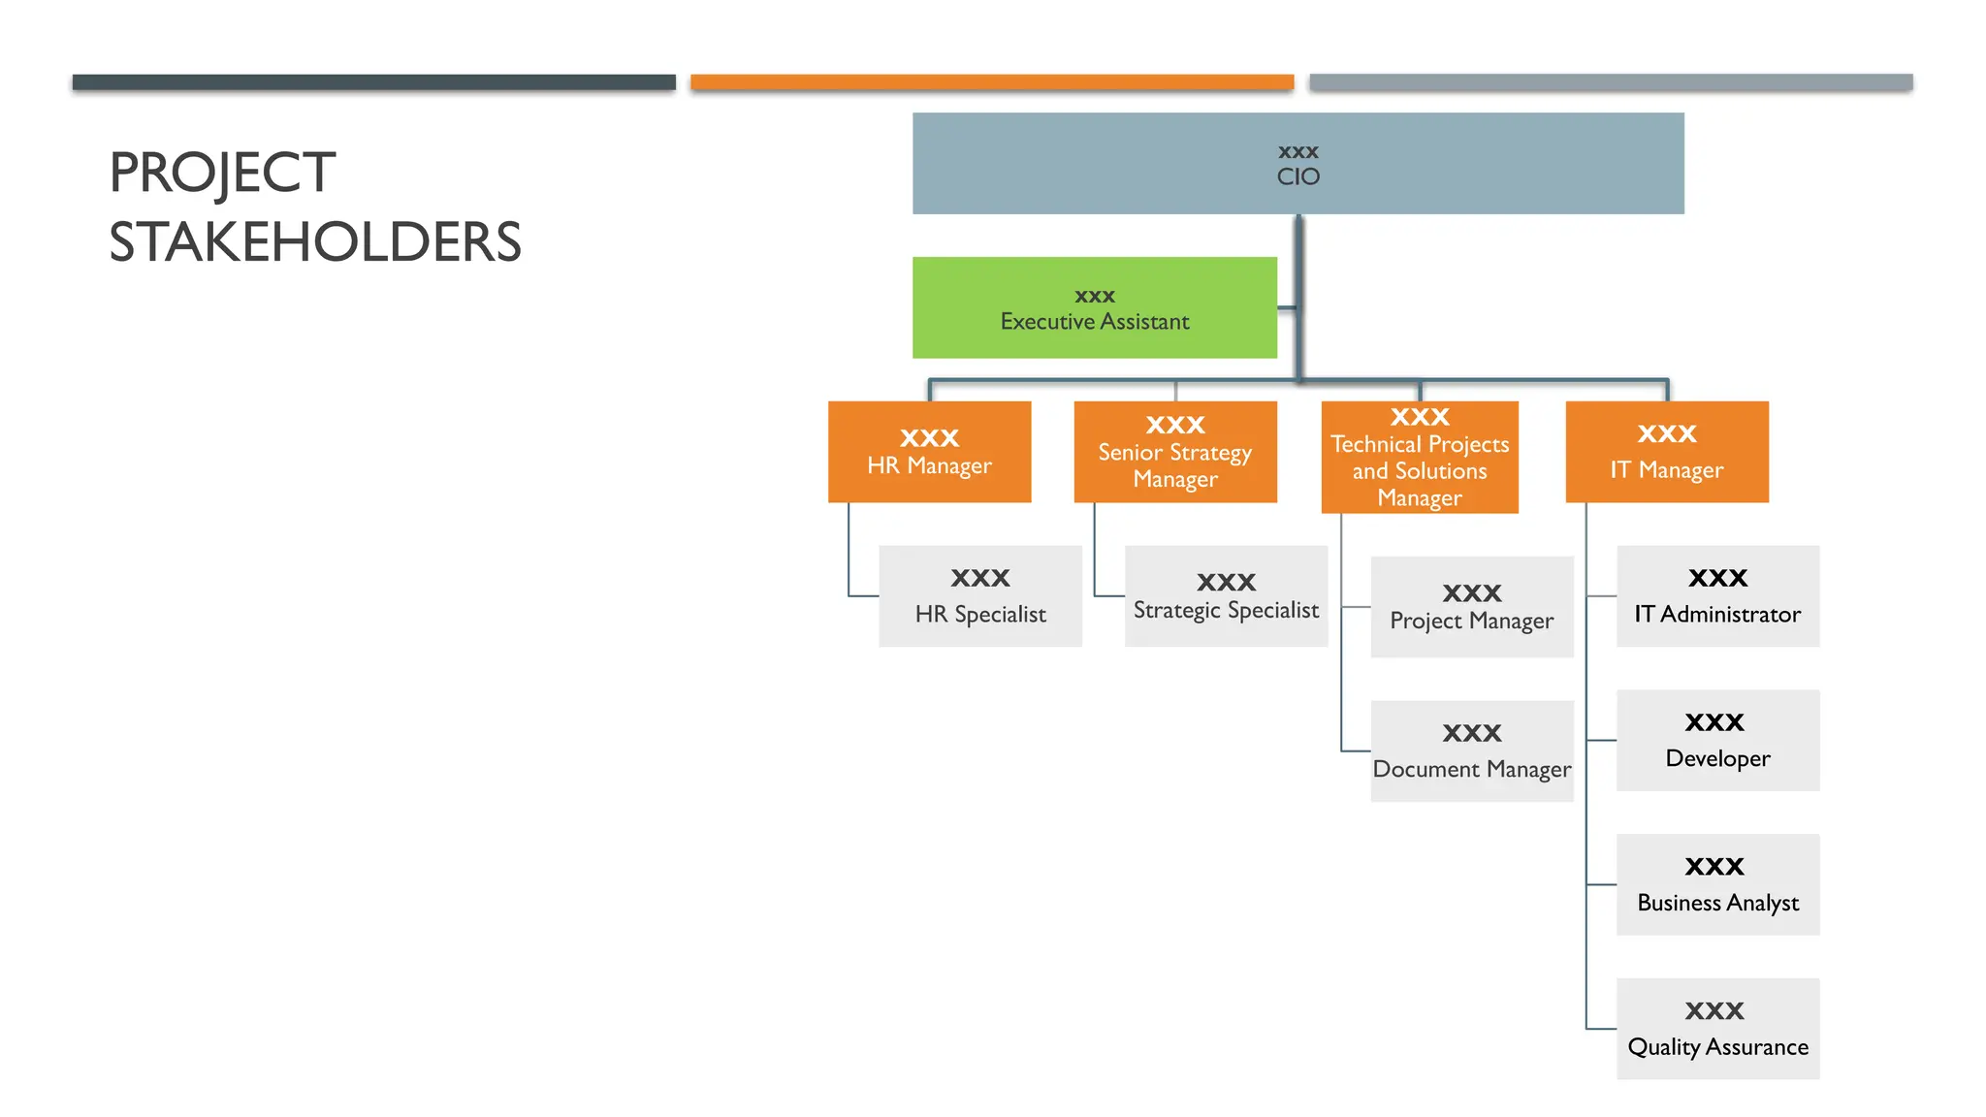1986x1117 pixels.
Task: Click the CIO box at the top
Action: point(1297,163)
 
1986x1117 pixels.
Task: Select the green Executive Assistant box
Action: point(1094,307)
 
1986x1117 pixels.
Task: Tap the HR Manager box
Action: point(929,452)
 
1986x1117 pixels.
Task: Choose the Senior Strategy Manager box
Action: point(1175,452)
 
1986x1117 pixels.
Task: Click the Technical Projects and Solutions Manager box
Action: point(1420,457)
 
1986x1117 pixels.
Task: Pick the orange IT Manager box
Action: point(1667,452)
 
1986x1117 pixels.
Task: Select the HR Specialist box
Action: point(980,595)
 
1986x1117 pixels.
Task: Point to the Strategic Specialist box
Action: point(1226,595)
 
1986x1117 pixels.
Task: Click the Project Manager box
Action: point(1472,607)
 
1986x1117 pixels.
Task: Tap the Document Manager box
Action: point(1472,750)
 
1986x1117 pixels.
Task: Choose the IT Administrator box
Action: point(1717,595)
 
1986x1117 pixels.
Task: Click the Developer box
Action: point(1717,740)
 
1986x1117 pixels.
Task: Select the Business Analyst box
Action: point(1717,884)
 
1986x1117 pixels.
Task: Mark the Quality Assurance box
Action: point(1717,1029)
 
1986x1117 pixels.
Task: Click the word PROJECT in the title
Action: point(222,173)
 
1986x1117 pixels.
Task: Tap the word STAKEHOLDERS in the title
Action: point(315,242)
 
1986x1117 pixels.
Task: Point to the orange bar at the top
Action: point(992,82)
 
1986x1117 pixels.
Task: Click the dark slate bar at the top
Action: point(373,82)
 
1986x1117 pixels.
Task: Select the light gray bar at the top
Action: point(1611,82)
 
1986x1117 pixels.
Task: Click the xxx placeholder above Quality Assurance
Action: point(1714,1010)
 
